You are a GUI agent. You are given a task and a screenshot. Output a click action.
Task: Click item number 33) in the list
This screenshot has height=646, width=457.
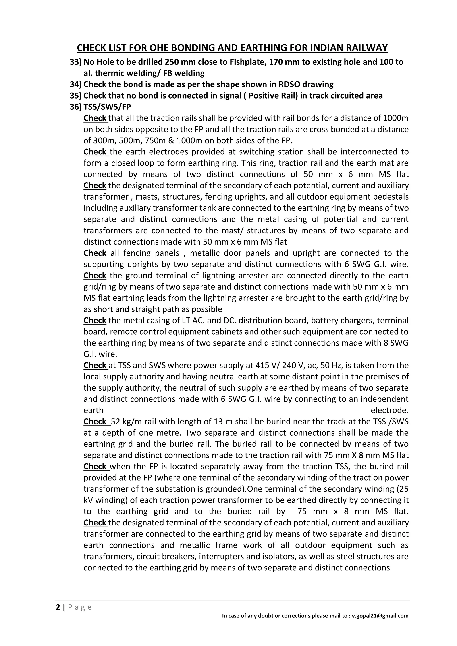click(x=75, y=62)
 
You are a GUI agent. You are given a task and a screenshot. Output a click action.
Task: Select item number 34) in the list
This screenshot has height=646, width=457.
click(x=75, y=84)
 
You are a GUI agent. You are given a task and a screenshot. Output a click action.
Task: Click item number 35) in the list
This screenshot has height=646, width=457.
click(x=75, y=96)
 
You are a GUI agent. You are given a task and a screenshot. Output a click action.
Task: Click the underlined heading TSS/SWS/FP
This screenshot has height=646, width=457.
click(x=107, y=107)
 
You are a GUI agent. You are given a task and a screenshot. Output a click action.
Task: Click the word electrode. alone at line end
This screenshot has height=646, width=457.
click(x=389, y=410)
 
